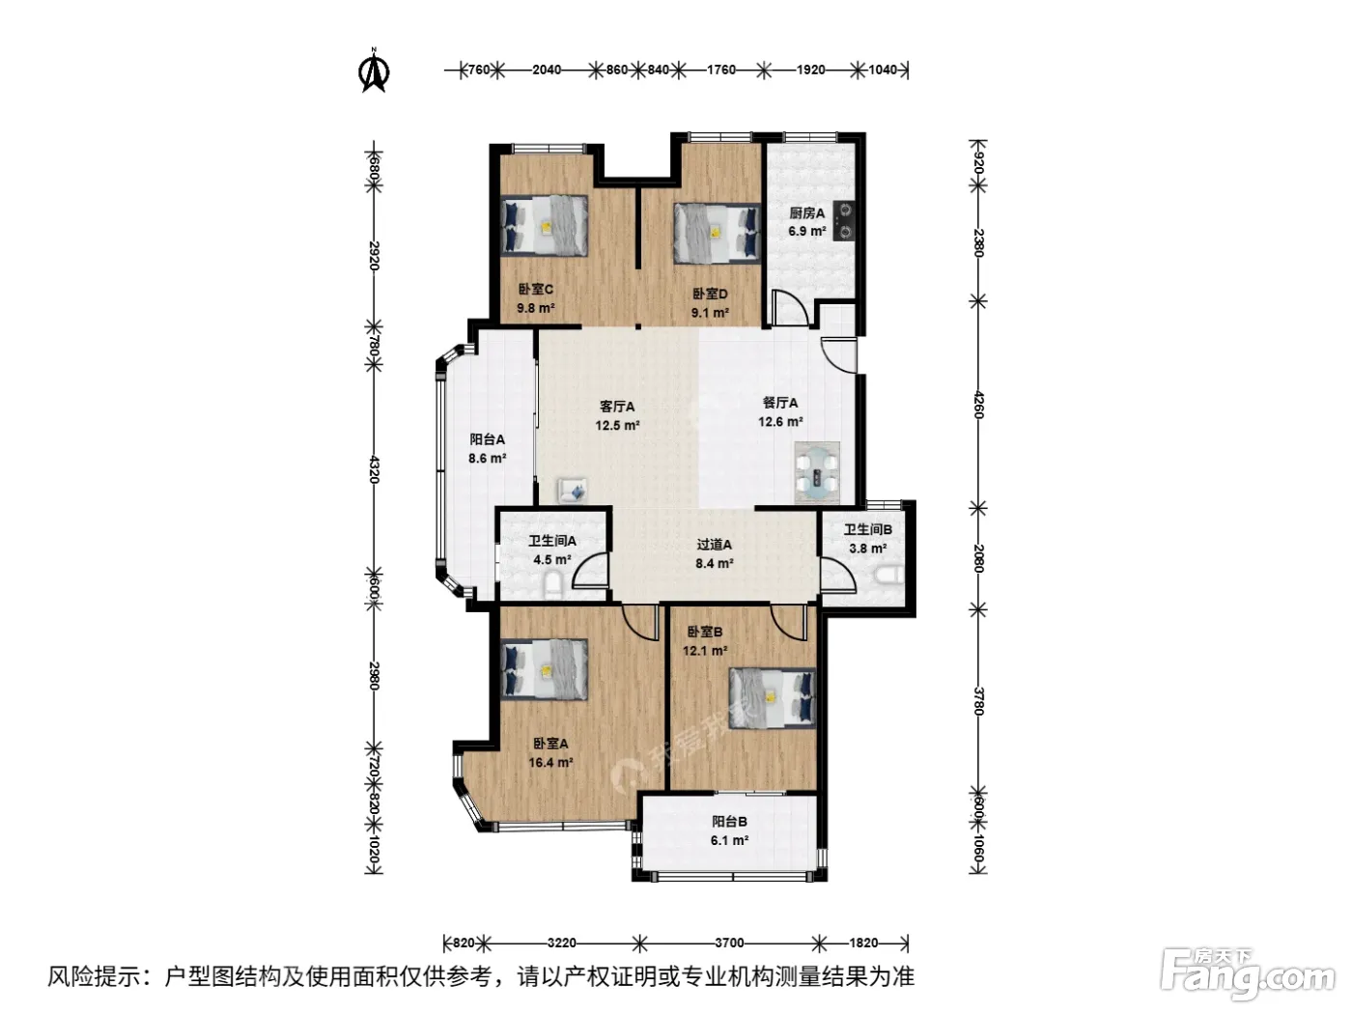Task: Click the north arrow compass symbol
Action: tap(374, 70)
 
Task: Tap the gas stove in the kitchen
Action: tap(844, 220)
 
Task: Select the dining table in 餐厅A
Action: tap(817, 473)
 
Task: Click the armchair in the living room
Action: tap(573, 490)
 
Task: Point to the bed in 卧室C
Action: tap(544, 225)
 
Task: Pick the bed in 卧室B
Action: tap(773, 699)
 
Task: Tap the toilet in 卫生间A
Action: tap(553, 585)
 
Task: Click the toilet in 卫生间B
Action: tap(888, 576)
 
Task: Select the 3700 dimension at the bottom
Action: tap(729, 943)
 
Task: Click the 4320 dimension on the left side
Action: tap(374, 468)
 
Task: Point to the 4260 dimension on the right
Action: tap(978, 404)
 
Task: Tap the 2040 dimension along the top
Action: tap(547, 70)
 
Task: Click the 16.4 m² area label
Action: tap(550, 762)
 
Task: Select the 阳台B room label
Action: tap(729, 821)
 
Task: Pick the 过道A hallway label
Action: tap(714, 545)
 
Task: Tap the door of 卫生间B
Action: tap(838, 574)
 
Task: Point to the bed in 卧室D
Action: tap(717, 233)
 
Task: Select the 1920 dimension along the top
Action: tap(810, 70)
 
